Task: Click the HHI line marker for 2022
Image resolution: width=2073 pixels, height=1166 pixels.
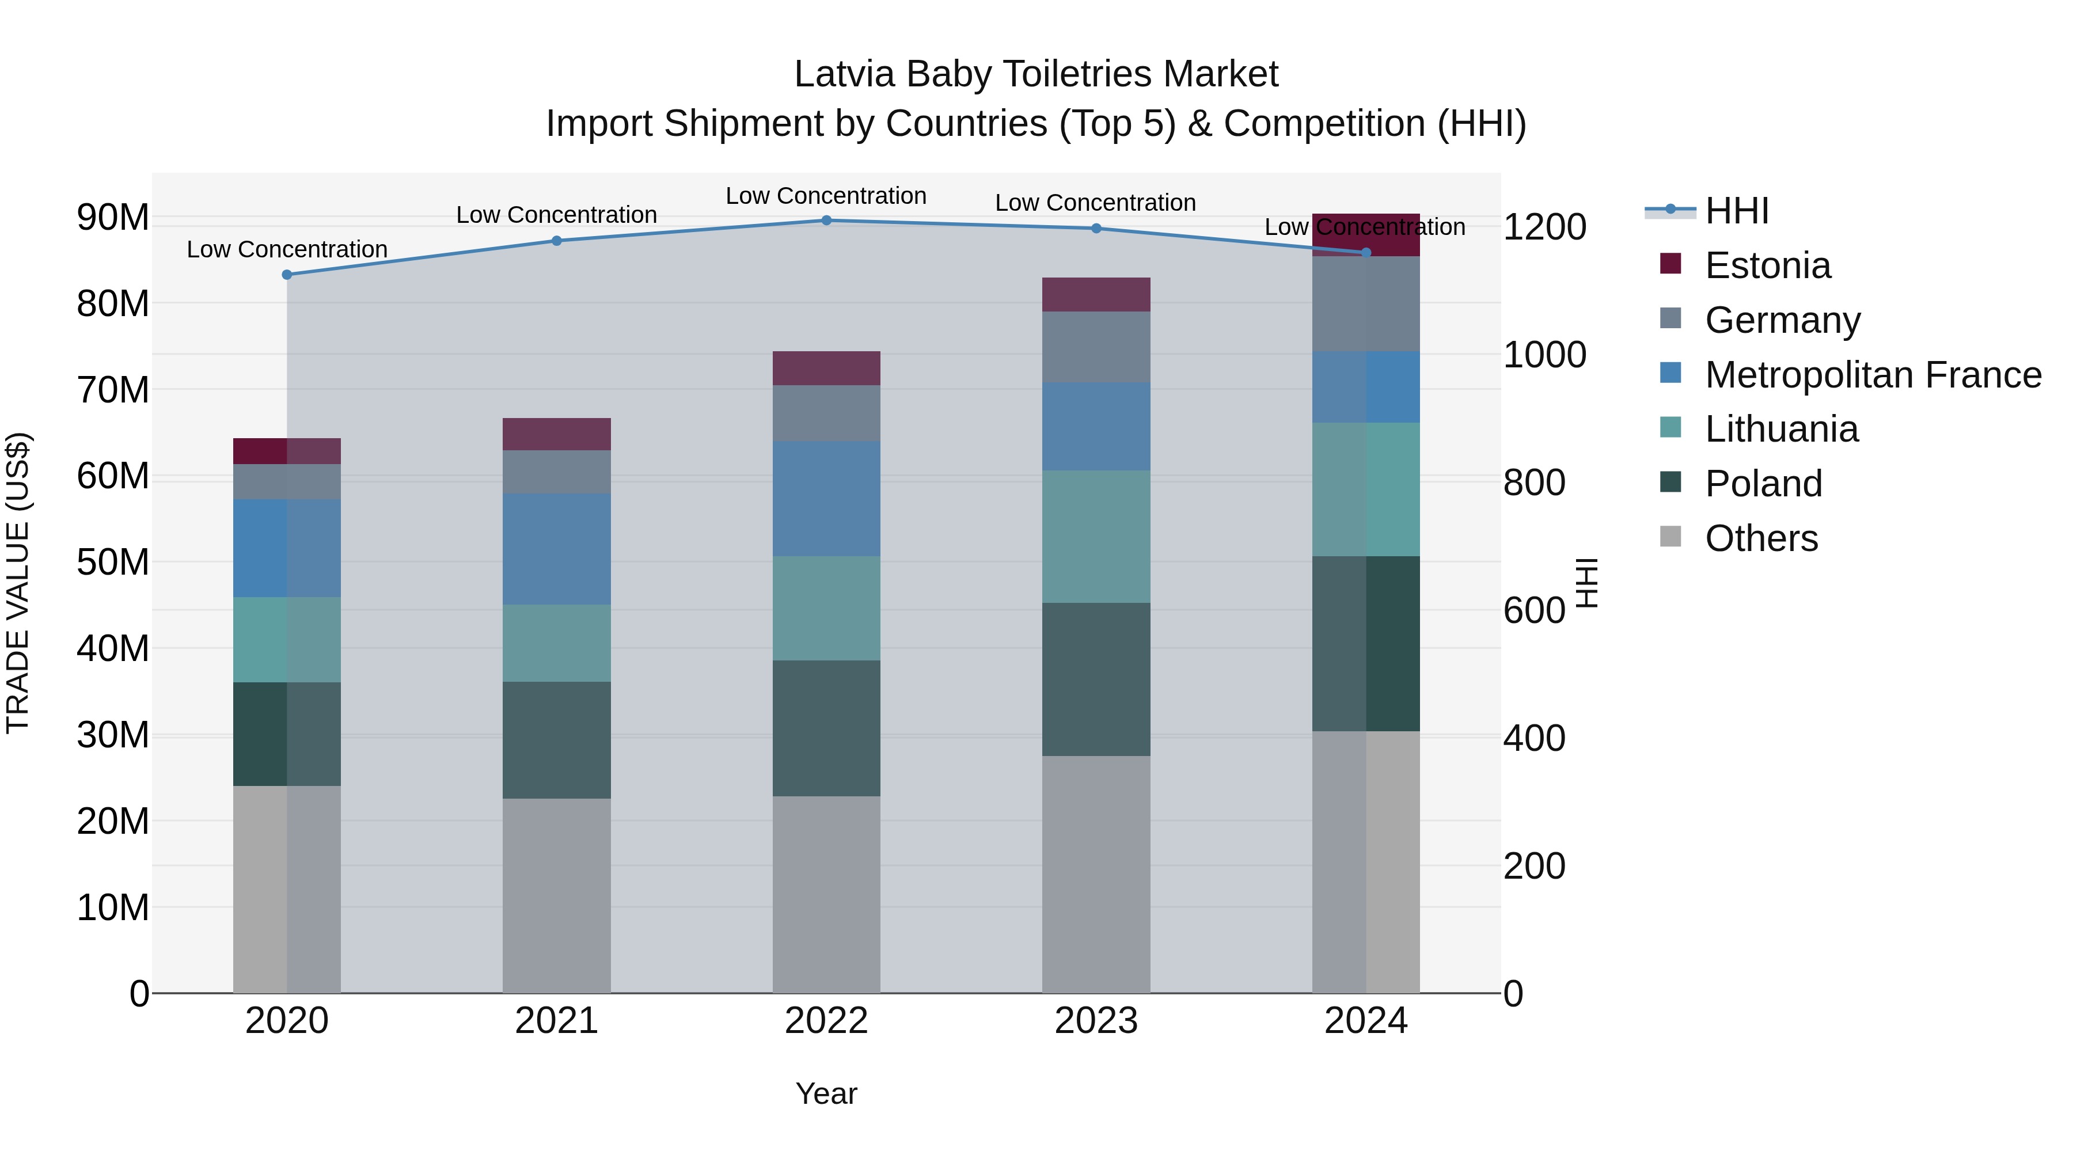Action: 826,220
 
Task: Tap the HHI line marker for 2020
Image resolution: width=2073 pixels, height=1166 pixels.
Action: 287,275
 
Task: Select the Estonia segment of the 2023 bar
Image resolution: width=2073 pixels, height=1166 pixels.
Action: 1096,294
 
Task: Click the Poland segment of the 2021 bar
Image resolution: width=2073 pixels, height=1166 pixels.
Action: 557,740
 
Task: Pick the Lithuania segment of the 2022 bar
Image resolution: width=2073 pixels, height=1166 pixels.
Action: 826,609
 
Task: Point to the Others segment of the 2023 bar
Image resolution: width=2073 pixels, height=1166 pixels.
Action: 1096,874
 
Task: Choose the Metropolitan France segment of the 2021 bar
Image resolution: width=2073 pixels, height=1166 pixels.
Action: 557,549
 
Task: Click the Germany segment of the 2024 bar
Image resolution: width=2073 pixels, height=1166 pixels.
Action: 1366,304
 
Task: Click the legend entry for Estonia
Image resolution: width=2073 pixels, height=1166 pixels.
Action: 1767,265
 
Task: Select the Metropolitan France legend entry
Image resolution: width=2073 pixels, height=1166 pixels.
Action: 1872,375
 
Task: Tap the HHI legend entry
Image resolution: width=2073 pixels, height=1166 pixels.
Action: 1737,211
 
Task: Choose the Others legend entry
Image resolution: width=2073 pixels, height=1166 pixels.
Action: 1761,538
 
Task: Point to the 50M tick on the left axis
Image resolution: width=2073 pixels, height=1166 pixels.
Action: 113,561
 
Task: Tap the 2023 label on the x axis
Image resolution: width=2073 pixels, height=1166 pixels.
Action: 1096,1021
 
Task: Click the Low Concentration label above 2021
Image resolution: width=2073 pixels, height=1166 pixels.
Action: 557,215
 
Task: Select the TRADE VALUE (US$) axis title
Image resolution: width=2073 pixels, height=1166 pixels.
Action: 18,583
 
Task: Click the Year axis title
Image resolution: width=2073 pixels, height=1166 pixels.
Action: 826,1093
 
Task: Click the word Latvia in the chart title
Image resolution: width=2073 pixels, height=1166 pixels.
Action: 844,74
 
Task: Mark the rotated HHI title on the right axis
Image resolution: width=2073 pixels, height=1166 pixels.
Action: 1586,583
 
